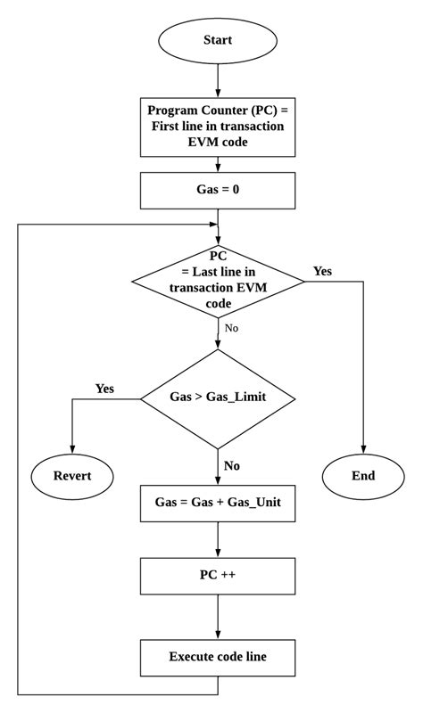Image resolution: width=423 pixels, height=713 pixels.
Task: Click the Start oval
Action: pos(218,40)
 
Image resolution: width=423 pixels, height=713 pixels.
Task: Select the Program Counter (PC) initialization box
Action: pos(218,126)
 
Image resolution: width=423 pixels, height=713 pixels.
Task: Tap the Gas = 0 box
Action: pos(218,190)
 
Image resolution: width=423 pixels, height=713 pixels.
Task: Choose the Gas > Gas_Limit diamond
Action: pos(218,398)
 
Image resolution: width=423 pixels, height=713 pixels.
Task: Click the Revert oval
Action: pos(72,475)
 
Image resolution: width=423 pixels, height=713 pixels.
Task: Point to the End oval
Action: pos(363,475)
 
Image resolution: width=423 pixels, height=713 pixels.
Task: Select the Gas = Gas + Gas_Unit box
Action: pos(218,502)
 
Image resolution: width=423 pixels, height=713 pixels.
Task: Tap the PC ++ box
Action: pos(218,576)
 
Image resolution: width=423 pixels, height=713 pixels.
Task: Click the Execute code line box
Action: pos(218,657)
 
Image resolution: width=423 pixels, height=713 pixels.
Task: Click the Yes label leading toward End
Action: pos(322,270)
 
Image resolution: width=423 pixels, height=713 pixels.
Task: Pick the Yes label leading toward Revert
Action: pos(104,389)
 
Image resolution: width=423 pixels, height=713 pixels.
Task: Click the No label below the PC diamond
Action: pos(231,328)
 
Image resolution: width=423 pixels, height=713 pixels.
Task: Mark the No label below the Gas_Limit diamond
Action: pos(232,465)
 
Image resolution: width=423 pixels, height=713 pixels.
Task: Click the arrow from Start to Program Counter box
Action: pos(218,80)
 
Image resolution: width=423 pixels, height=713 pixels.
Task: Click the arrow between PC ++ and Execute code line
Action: pos(218,617)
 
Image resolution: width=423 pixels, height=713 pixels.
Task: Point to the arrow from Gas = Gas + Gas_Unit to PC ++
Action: pos(218,539)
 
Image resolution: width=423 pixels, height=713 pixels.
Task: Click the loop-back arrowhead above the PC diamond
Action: pos(213,224)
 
